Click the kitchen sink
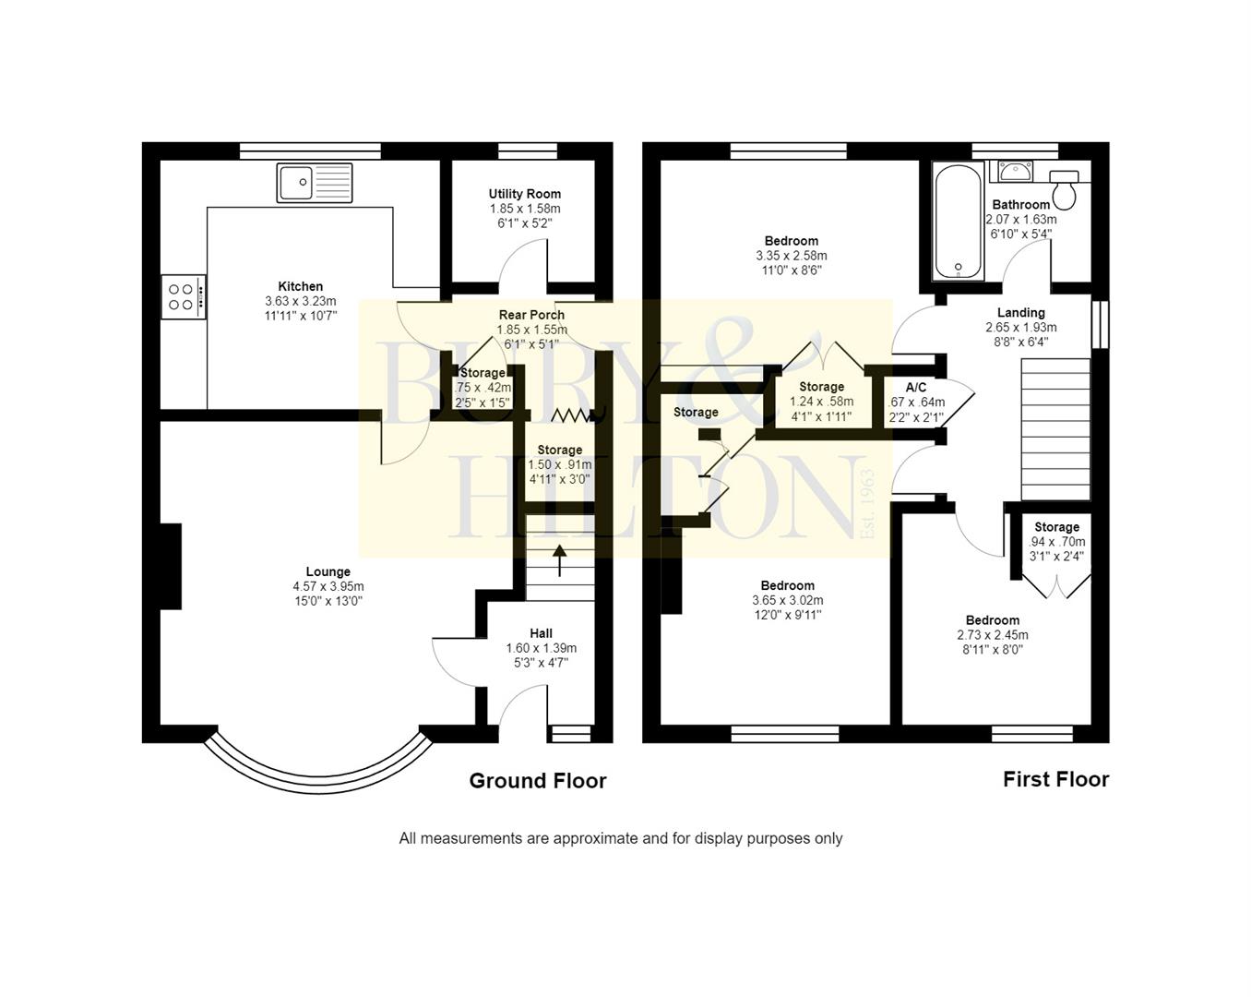pyautogui.click(x=315, y=183)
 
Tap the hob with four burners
pyautogui.click(x=183, y=297)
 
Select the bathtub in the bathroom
pyautogui.click(x=959, y=222)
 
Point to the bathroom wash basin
pyautogui.click(x=1015, y=172)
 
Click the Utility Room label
pyautogui.click(x=524, y=194)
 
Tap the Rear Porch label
pyautogui.click(x=531, y=315)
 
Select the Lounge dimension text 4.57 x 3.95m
pyautogui.click(x=328, y=586)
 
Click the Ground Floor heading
pyautogui.click(x=538, y=781)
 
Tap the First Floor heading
pyautogui.click(x=1055, y=779)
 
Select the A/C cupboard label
pyautogui.click(x=915, y=388)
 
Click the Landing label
pyautogui.click(x=1020, y=313)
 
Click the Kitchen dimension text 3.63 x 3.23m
pyautogui.click(x=301, y=301)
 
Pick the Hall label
pyautogui.click(x=542, y=633)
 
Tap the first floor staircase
pyautogui.click(x=1055, y=429)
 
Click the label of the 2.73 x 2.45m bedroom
pyautogui.click(x=993, y=620)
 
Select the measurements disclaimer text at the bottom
pyautogui.click(x=620, y=838)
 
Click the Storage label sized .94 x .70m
pyautogui.click(x=1056, y=527)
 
